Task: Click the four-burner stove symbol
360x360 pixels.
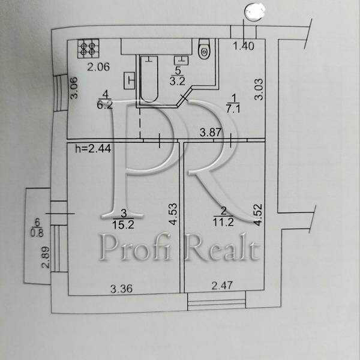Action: coord(88,47)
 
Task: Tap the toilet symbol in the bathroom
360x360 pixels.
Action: coord(203,49)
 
